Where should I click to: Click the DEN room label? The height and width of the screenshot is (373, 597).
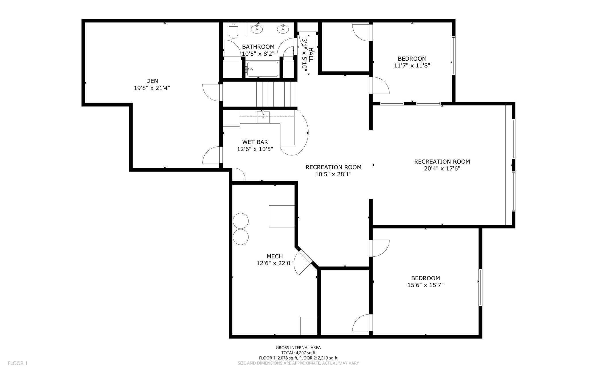pyautogui.click(x=152, y=81)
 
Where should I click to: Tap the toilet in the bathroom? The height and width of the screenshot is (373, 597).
pyautogui.click(x=233, y=31)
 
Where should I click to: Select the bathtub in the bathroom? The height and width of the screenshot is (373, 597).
pyautogui.click(x=262, y=69)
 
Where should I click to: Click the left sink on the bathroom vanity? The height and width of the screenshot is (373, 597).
pyautogui.click(x=257, y=29)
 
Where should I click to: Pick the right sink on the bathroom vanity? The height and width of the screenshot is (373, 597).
pyautogui.click(x=283, y=29)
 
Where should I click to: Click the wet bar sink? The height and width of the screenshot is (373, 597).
pyautogui.click(x=263, y=117)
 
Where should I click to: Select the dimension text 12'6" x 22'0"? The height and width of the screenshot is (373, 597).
pyautogui.click(x=275, y=263)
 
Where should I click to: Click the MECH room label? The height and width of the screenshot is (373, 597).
pyautogui.click(x=275, y=256)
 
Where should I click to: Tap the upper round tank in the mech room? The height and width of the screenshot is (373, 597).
pyautogui.click(x=241, y=221)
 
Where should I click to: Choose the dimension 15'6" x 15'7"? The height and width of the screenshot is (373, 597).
pyautogui.click(x=425, y=285)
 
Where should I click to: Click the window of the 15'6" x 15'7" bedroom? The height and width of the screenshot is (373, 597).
pyautogui.click(x=480, y=287)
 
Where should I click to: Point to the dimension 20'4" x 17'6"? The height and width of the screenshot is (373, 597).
pyautogui.click(x=442, y=169)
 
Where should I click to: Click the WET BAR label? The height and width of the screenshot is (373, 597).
pyautogui.click(x=255, y=142)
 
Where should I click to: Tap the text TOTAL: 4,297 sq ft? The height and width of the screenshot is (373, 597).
pyautogui.click(x=298, y=353)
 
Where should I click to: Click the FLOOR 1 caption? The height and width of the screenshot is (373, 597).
pyautogui.click(x=18, y=363)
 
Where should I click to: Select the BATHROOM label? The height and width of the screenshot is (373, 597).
pyautogui.click(x=258, y=47)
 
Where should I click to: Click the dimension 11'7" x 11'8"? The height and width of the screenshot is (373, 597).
pyautogui.click(x=412, y=65)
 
